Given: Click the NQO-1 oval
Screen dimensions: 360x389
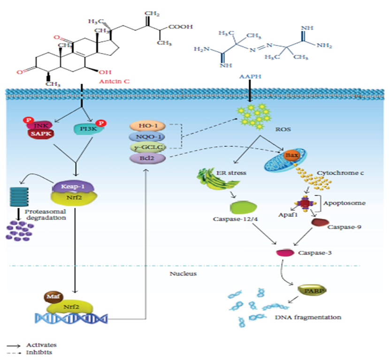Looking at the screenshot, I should click(x=147, y=137).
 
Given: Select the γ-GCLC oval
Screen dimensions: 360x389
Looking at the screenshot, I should click(x=147, y=147).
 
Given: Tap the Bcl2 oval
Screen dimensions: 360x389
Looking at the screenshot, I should click(x=147, y=158).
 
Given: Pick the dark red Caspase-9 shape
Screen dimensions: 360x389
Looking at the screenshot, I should click(x=320, y=223).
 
